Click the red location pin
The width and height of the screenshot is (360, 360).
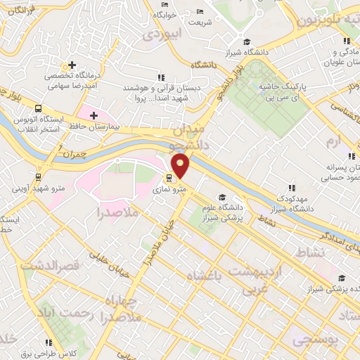pyautogui.click(x=181, y=165)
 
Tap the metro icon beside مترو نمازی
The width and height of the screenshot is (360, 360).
pyautogui.click(x=169, y=178)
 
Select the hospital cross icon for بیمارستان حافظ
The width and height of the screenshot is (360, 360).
pyautogui.click(x=94, y=115)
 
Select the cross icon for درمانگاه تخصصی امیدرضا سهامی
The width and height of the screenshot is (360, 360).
pyautogui.click(x=72, y=65)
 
